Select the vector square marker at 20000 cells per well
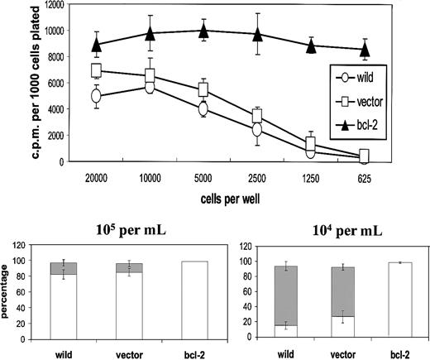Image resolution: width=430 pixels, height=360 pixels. pyautogui.click(x=97, y=71)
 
